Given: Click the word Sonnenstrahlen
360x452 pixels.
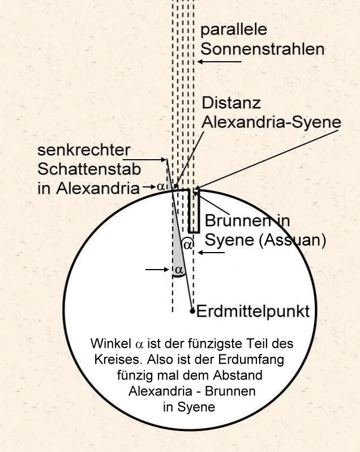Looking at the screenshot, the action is point(263,49).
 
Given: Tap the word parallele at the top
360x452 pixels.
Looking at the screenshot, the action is point(234,30).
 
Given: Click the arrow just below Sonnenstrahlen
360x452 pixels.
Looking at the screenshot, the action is point(220,61).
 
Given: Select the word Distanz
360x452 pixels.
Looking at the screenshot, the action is point(232,103).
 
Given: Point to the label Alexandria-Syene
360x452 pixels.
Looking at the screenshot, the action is point(271,122).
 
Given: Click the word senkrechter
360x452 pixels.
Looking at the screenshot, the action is point(84,150).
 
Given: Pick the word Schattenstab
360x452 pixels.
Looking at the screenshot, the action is point(89,169).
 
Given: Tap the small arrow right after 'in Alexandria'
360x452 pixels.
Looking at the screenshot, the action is point(149,187).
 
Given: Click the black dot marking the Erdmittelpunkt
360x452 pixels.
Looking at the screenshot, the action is point(192,311).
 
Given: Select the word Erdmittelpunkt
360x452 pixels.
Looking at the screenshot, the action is point(253,312).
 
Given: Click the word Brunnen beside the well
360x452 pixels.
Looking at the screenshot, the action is point(238,220).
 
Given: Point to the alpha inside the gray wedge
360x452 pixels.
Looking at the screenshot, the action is point(179,270).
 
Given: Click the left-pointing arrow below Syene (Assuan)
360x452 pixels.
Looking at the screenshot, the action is point(211,253).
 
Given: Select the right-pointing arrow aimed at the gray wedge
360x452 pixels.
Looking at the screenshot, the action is point(157,270).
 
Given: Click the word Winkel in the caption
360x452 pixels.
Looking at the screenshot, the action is point(111,343).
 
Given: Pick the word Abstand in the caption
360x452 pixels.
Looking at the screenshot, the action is point(238,376).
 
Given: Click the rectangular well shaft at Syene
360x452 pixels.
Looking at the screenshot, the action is point(194,211).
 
